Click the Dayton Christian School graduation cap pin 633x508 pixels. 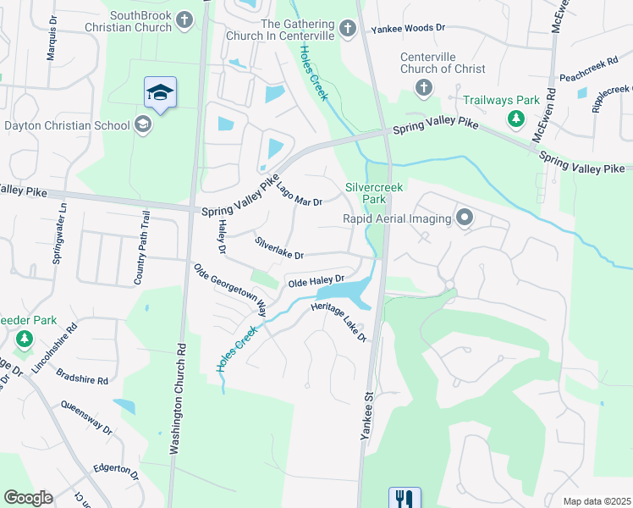tap(160, 93)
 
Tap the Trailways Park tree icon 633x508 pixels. tap(515, 119)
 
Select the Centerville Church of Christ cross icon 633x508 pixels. tap(422, 88)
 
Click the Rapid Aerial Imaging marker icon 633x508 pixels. tap(464, 218)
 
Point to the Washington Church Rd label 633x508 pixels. tap(179, 400)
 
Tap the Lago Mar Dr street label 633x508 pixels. tap(298, 194)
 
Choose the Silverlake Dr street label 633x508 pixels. tap(279, 249)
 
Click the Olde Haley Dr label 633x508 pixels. tap(316, 280)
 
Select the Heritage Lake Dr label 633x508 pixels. tap(339, 322)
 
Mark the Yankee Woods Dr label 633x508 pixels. tap(408, 28)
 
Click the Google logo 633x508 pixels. tap(28, 498)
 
